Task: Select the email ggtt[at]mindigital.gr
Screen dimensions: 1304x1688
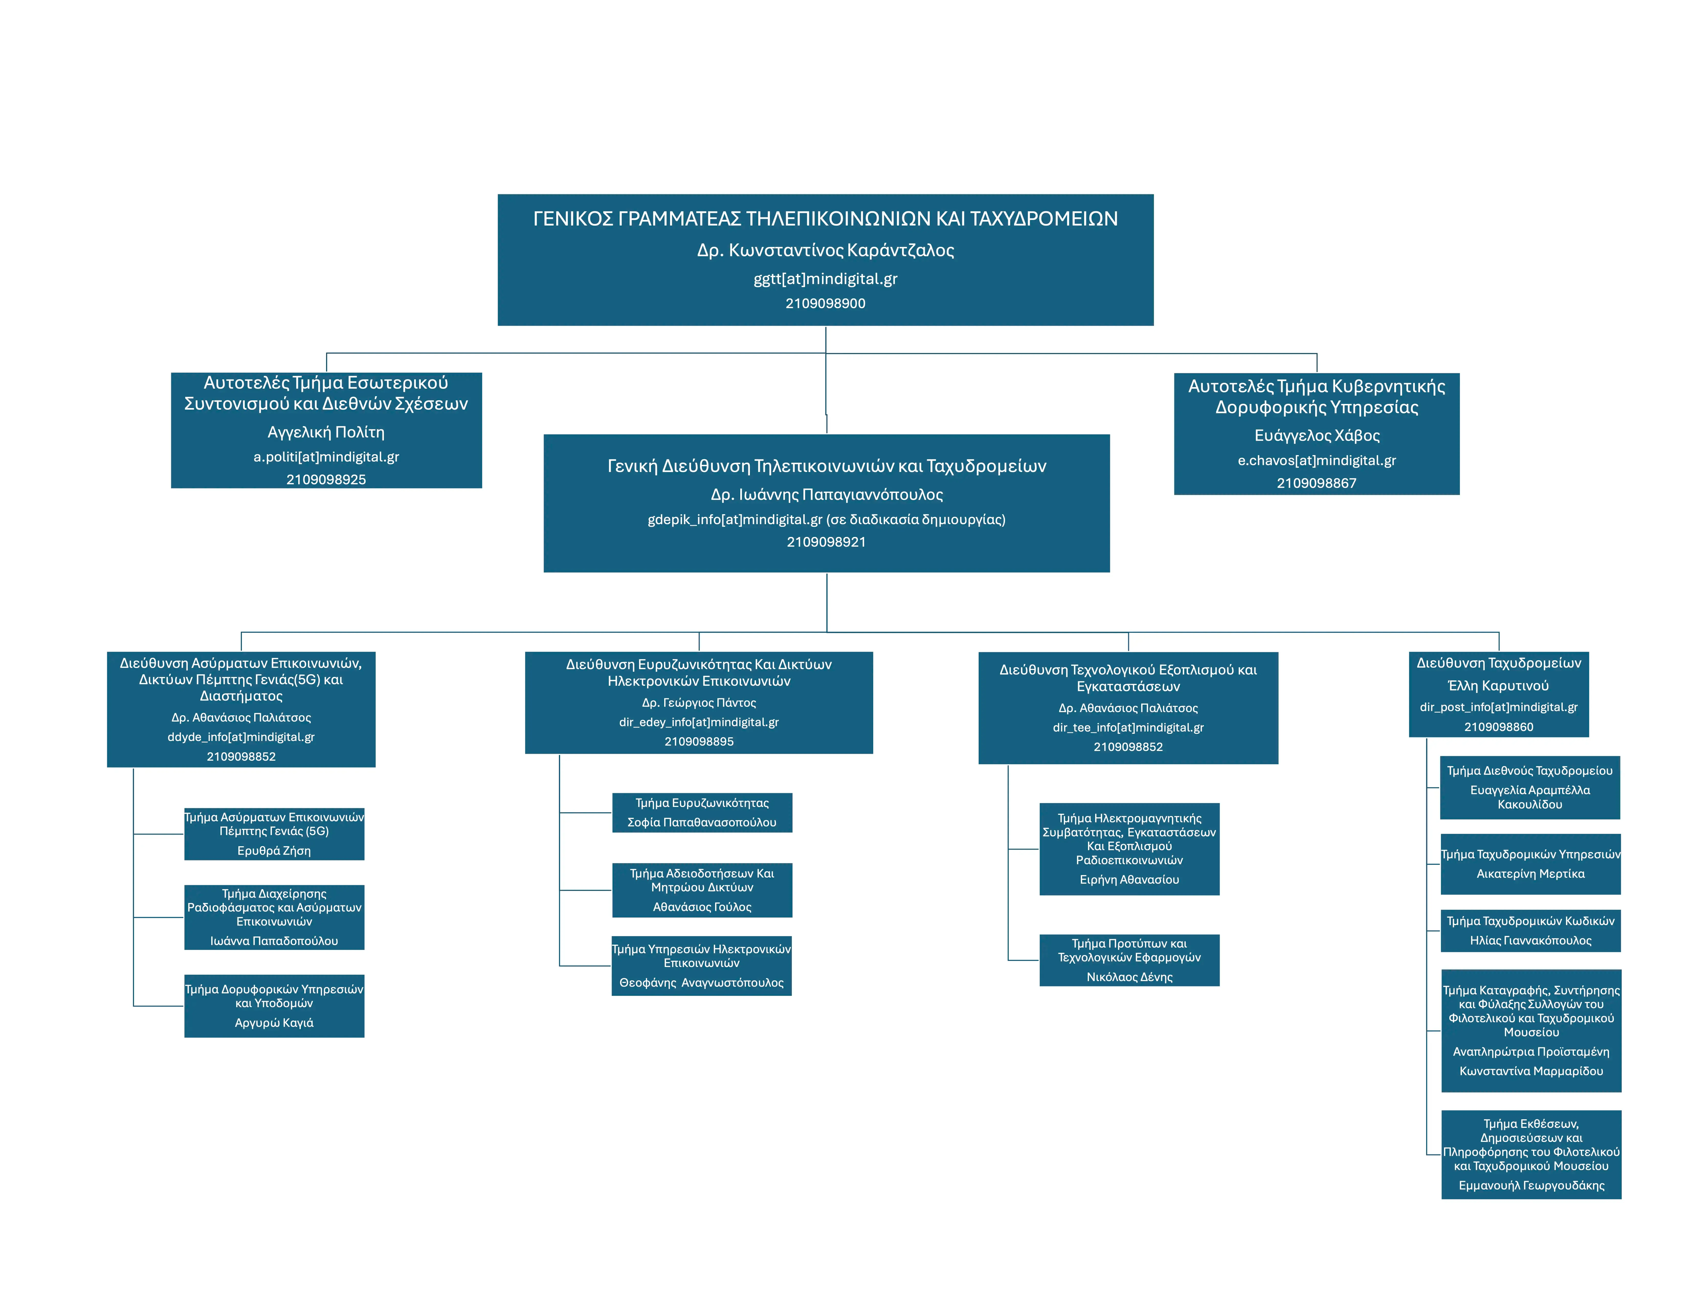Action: [825, 279]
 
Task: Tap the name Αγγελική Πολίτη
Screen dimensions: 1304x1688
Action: [325, 432]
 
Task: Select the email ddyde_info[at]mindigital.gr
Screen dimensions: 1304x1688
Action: [240, 737]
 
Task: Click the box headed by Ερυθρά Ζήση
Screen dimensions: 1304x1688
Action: [274, 834]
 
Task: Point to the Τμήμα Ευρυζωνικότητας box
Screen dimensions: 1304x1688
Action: [702, 813]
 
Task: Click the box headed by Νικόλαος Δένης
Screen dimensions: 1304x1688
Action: [1129, 960]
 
